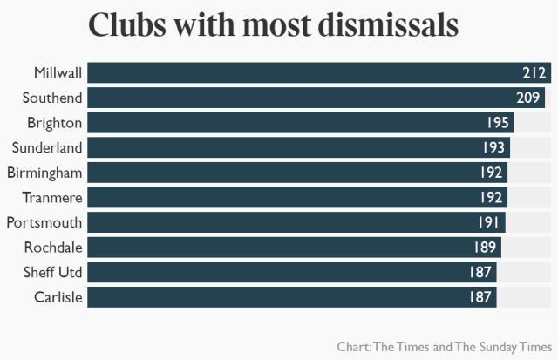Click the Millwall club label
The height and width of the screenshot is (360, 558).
coord(58,72)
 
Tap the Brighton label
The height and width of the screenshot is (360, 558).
coord(55,123)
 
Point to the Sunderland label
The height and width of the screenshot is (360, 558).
coord(47,147)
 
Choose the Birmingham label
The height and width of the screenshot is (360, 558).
coord(44,173)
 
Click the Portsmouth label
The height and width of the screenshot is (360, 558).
coord(44,222)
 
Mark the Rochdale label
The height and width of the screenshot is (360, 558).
coord(52,248)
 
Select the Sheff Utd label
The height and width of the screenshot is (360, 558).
coord(52,272)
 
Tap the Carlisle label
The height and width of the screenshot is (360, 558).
coord(58,297)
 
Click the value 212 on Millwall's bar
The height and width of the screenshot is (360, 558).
coord(534,72)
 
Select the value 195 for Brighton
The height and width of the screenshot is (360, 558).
coord(499,123)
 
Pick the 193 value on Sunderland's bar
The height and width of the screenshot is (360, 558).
coord(494,147)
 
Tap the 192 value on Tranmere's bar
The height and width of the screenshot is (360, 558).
coord(492,197)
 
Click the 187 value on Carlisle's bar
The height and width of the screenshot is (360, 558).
coord(481,297)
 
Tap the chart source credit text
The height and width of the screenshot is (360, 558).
coord(445,346)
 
